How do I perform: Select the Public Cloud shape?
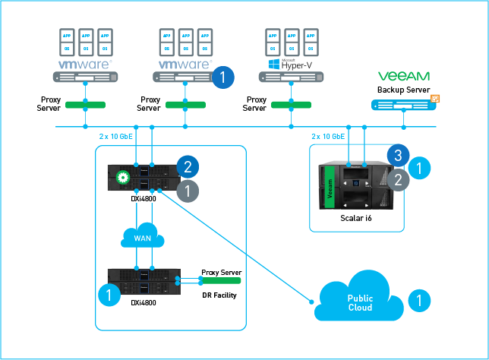tap(359, 302)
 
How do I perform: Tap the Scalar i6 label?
tap(357, 219)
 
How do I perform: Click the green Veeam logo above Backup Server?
tap(403, 76)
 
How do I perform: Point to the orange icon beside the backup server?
tap(436, 99)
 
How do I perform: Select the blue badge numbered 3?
tap(398, 156)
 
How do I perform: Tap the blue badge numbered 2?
tap(187, 165)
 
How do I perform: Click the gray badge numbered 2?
tap(398, 179)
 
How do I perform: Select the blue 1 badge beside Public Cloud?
tap(419, 301)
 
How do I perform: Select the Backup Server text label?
tap(403, 90)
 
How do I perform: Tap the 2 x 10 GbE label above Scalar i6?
tap(327, 137)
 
